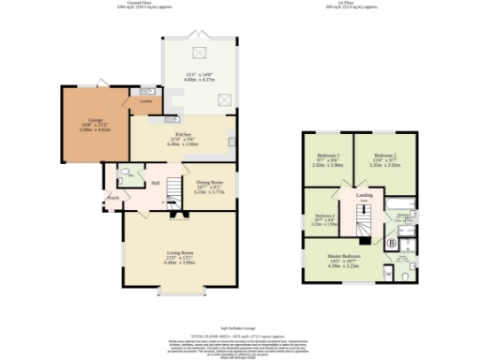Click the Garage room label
pos(96,121)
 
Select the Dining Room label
pos(210,182)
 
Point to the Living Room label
pos(179,253)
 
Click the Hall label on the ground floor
pos(156,182)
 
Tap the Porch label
pos(112,198)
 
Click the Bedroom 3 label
pos(327,154)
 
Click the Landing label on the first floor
pos(365,195)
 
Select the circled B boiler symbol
pos(391,242)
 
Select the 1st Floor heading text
pos(350,4)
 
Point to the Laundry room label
pos(146,100)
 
